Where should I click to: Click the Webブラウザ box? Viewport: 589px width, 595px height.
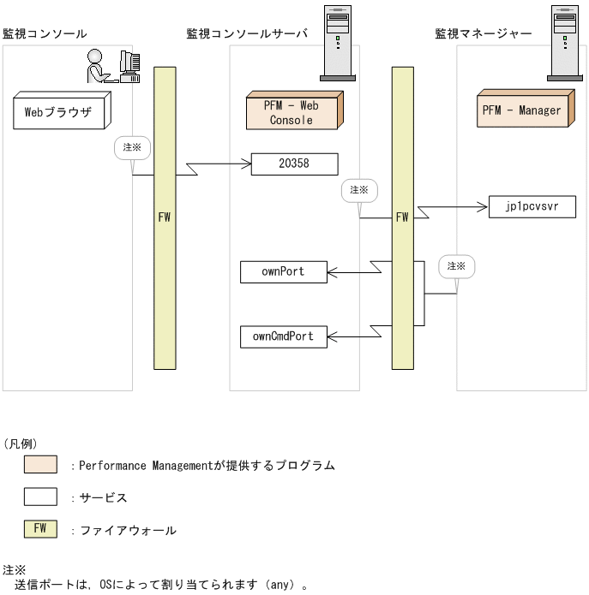click(x=57, y=111)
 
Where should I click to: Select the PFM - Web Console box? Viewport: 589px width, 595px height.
click(x=291, y=112)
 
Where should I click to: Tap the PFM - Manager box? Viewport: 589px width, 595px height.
click(x=521, y=110)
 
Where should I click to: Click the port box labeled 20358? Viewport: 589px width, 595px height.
click(x=294, y=164)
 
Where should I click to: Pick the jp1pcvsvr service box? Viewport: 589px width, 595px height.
click(x=532, y=207)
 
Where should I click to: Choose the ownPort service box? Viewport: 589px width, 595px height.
click(x=283, y=272)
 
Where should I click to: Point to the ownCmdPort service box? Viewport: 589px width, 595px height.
click(x=283, y=336)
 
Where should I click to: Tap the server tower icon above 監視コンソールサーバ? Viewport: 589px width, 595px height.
click(x=338, y=43)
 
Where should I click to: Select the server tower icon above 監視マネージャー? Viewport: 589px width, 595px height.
click(x=565, y=43)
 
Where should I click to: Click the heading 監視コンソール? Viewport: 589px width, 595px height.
click(x=45, y=33)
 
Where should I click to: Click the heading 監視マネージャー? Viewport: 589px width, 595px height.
click(x=484, y=33)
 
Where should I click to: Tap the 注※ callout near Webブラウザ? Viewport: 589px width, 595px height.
click(x=132, y=147)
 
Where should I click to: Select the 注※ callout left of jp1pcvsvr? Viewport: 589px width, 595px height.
click(x=358, y=190)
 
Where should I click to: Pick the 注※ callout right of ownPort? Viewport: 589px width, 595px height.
click(x=456, y=266)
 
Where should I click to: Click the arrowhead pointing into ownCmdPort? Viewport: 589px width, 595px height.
click(x=331, y=336)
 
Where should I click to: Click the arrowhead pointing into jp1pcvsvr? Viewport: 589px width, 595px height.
click(x=483, y=207)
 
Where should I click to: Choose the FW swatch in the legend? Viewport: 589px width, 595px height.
click(x=40, y=529)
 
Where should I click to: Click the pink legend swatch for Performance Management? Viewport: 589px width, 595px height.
click(x=40, y=466)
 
